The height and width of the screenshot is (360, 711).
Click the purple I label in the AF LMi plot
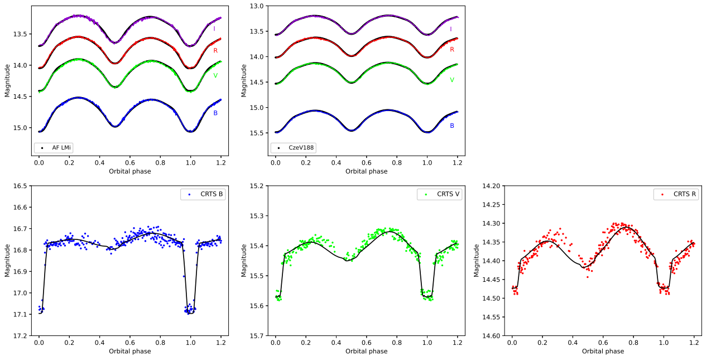[x=214, y=28]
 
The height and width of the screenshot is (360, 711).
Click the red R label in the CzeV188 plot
[x=452, y=50]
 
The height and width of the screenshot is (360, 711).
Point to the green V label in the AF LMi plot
[x=215, y=75]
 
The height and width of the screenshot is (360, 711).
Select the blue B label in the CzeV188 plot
[x=452, y=126]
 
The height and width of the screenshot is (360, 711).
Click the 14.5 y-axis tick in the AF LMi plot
[x=20, y=97]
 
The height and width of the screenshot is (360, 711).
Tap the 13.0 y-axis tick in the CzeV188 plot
[x=256, y=6]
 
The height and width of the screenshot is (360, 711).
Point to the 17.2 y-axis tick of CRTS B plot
[x=20, y=336]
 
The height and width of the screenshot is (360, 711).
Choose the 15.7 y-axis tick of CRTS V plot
[x=256, y=336]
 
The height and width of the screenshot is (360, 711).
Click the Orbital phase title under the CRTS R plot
[x=603, y=352]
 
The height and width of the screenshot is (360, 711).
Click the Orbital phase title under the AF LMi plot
[x=129, y=171]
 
